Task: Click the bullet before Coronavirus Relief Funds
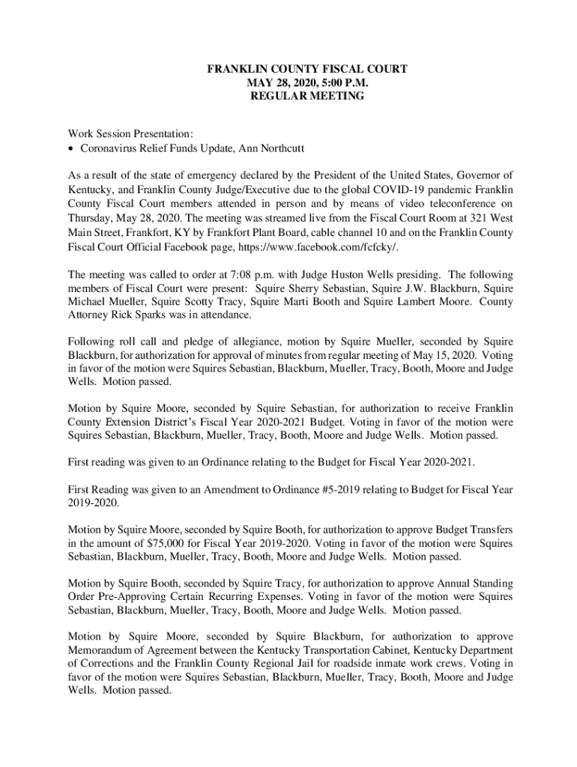point(71,148)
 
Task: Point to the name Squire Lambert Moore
point(412,301)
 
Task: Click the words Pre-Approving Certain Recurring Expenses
point(197,598)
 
